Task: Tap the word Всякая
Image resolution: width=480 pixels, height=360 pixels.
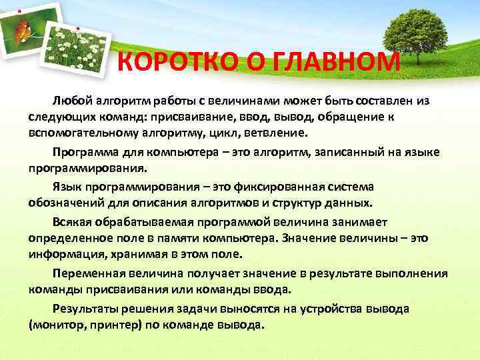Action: coord(71,222)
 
